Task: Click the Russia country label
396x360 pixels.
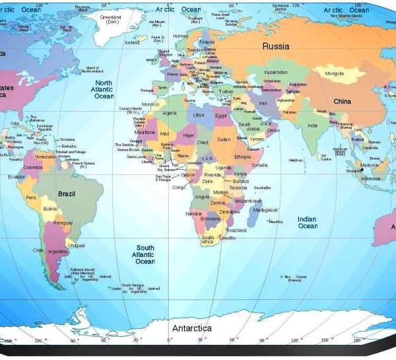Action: (277, 46)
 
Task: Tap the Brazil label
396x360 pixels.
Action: (67, 194)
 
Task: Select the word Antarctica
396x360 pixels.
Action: (191, 328)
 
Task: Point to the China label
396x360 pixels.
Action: (342, 102)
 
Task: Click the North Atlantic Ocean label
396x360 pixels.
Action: (104, 89)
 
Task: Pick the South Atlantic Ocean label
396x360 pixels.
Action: (145, 254)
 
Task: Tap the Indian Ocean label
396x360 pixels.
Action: (307, 223)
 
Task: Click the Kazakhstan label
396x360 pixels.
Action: (276, 72)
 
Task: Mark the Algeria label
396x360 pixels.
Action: (170, 113)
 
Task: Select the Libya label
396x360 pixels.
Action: (199, 115)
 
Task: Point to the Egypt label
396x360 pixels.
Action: (220, 116)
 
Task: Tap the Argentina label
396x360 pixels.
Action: (58, 252)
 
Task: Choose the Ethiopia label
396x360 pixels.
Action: (242, 157)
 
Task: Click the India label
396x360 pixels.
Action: (312, 126)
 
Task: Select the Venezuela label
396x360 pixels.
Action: (44, 157)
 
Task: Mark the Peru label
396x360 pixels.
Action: (31, 198)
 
